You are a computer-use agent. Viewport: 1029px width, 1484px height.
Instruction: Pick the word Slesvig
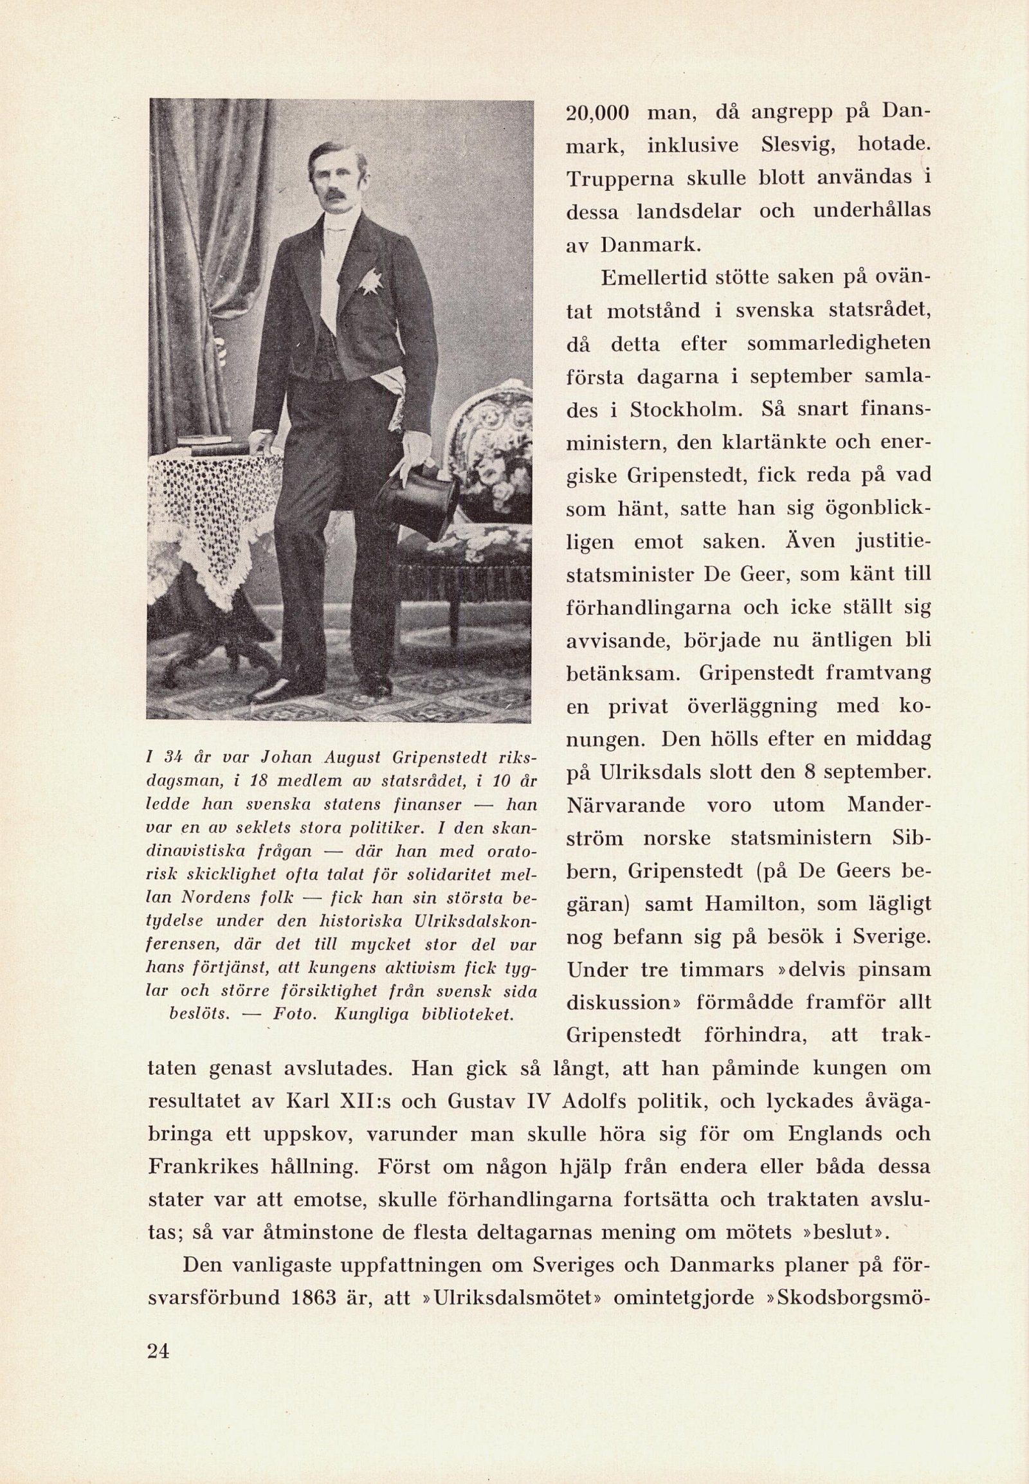797,145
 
